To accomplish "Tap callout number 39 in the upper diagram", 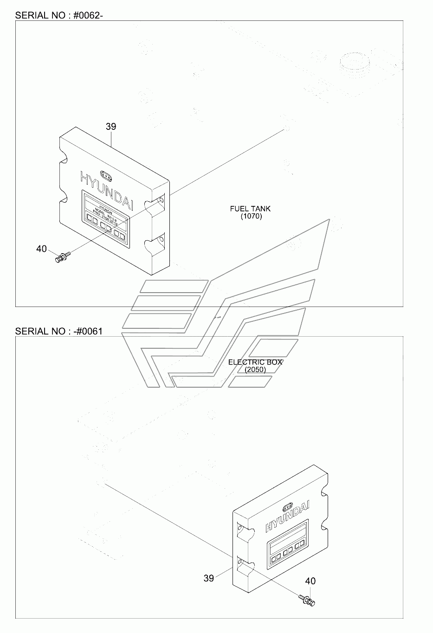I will (110, 126).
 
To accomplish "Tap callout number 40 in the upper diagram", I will (41, 249).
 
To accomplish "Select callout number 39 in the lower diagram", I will (209, 578).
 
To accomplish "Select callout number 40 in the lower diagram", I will (310, 581).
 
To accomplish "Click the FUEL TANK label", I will (250, 209).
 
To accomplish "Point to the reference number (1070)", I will (251, 216).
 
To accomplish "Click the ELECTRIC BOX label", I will (255, 362).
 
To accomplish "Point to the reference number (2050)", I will (255, 370).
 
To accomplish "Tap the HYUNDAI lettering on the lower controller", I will (288, 516).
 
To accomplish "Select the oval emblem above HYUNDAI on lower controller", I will (287, 505).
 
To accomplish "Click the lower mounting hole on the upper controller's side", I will (161, 240).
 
